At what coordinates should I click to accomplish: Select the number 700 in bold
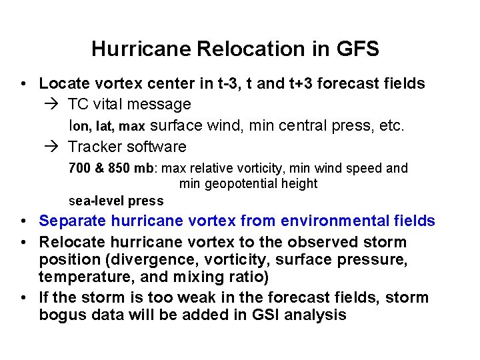point(78,169)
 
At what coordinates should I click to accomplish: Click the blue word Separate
point(71,221)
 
